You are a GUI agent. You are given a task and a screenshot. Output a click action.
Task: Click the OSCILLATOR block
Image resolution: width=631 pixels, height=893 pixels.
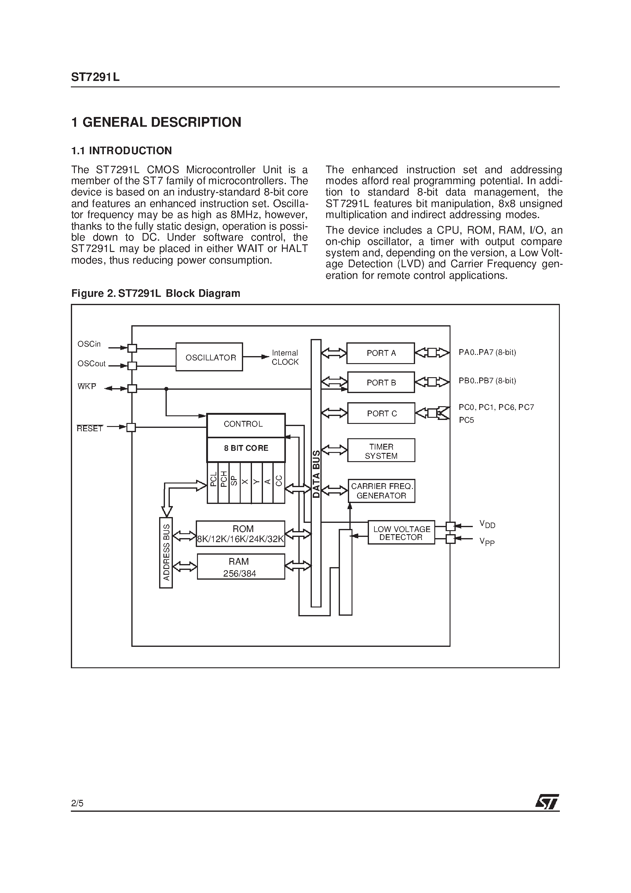[x=209, y=357]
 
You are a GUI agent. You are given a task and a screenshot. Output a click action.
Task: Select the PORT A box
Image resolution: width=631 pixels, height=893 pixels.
[x=381, y=353]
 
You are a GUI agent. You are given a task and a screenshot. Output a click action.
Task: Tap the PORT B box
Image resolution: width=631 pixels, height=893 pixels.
[x=381, y=382]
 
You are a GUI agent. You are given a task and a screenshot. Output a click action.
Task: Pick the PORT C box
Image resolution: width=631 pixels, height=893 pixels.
[x=381, y=413]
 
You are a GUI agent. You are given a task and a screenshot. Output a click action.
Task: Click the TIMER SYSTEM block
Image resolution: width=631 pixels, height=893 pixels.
[x=381, y=451]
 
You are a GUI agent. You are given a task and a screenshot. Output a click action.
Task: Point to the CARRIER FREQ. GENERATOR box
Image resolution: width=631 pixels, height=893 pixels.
[x=381, y=491]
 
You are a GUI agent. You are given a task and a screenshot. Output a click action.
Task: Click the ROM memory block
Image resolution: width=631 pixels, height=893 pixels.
[x=241, y=534]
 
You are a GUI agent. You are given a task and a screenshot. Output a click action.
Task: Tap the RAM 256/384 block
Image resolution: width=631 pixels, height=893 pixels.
[x=241, y=567]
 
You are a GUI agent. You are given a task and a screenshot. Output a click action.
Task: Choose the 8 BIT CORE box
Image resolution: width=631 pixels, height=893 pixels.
[x=246, y=448]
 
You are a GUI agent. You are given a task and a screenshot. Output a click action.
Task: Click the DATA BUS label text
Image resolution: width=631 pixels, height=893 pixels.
[x=316, y=474]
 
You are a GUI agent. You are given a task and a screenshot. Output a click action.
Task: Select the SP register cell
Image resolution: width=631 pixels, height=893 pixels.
[x=235, y=482]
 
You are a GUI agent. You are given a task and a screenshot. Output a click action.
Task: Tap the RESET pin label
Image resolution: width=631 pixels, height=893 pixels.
[x=90, y=428]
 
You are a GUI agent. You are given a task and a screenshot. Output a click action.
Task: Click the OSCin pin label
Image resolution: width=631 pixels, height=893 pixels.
[x=89, y=344]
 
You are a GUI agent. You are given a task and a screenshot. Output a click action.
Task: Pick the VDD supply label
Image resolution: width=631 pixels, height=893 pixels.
[x=487, y=524]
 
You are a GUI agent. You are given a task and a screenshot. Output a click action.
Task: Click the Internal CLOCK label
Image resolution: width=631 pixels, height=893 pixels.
[x=285, y=357]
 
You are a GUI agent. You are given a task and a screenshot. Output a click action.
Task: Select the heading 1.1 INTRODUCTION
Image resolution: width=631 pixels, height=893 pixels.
[x=121, y=151]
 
